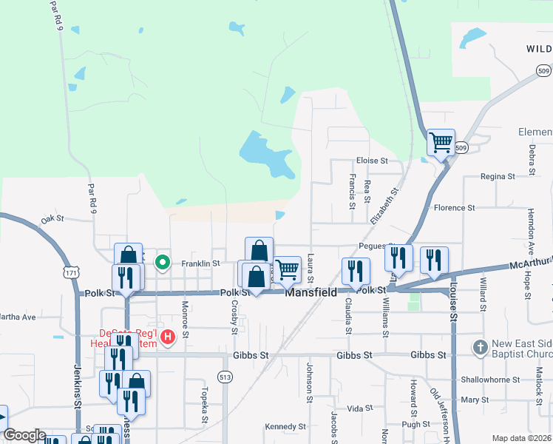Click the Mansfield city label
click(311, 292)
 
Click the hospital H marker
click(168, 337)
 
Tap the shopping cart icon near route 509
click(441, 141)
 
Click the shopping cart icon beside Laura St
click(287, 269)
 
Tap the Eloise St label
click(372, 160)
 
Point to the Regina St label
click(497, 177)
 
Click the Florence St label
click(453, 208)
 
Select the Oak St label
click(53, 219)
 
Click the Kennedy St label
click(285, 426)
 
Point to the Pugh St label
click(416, 424)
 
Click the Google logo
click(24, 435)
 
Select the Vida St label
click(359, 408)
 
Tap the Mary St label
click(470, 400)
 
